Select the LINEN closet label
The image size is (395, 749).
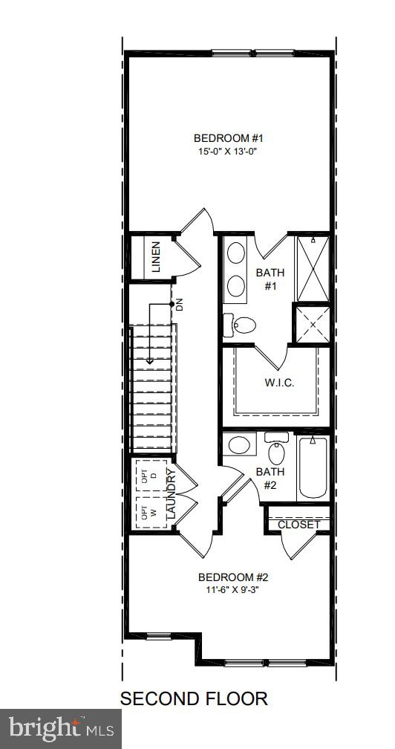click(x=156, y=258)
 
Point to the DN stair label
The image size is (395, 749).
click(x=179, y=304)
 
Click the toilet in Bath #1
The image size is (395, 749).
click(x=240, y=324)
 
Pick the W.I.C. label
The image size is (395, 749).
click(x=279, y=383)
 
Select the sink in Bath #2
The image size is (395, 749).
click(x=239, y=445)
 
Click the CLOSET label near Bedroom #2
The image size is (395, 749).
click(x=298, y=525)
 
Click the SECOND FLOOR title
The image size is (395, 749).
click(x=194, y=698)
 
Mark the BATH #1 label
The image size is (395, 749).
click(x=270, y=279)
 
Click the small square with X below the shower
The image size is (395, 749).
click(x=313, y=325)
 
